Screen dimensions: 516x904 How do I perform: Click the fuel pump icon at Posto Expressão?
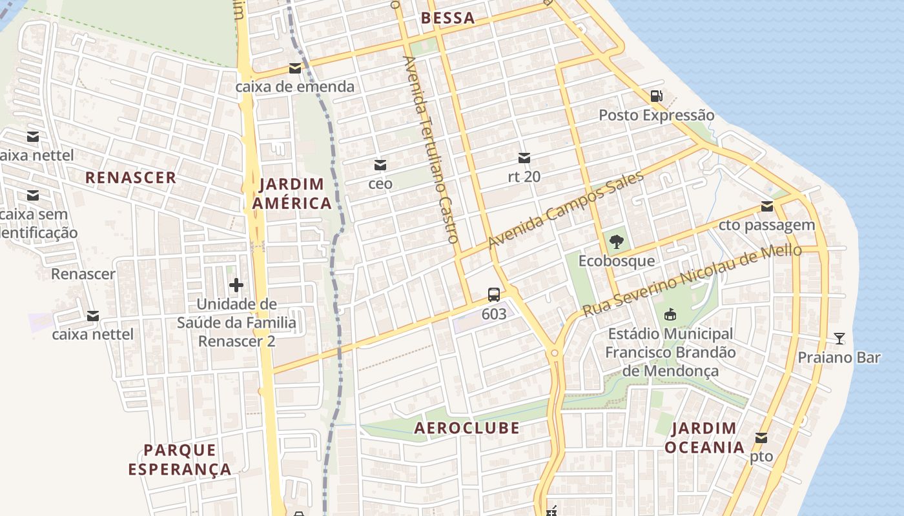coord(656,96)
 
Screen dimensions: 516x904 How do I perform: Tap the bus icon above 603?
coord(494,295)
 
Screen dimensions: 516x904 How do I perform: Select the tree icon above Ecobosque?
coord(616,242)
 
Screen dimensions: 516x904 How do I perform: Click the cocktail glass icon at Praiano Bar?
coord(839,338)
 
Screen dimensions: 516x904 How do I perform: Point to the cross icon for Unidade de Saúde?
coord(236,284)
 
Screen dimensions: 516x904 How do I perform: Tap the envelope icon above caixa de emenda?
coord(295,68)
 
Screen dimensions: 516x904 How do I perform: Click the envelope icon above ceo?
coord(380,165)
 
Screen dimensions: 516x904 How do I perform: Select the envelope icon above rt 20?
coord(524,157)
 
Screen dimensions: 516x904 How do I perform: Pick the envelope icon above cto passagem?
coord(767,206)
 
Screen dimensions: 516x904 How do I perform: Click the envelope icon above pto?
coord(761,438)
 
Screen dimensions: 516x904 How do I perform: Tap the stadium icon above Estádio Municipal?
coord(670,315)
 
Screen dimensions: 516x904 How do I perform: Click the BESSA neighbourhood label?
coord(448,18)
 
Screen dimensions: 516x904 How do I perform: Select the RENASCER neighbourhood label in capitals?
coord(130,177)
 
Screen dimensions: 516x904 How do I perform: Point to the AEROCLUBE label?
coord(467,428)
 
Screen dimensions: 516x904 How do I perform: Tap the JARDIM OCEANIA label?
coord(704,437)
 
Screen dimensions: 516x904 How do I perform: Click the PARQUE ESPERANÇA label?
coord(180,459)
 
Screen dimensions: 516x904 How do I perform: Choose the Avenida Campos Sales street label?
coord(566,210)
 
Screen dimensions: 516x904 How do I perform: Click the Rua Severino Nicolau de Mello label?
coord(692,281)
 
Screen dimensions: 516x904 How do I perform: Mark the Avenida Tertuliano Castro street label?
coord(430,149)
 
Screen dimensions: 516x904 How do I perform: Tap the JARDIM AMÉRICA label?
coord(292,193)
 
